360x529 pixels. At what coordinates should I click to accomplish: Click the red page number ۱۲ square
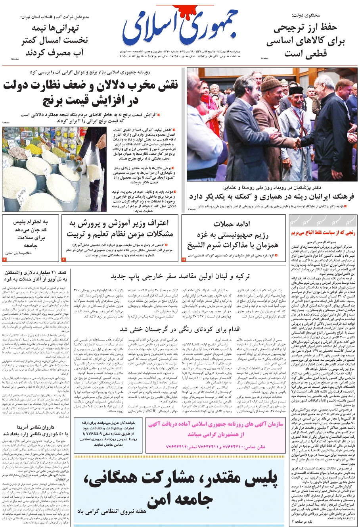184,259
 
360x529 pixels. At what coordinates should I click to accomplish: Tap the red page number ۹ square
63,259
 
